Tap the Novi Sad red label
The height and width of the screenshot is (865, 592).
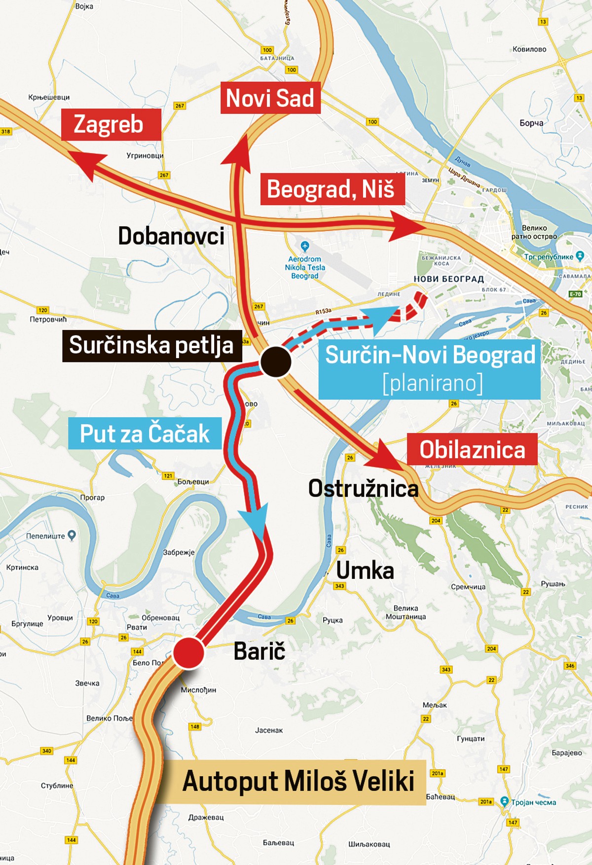click(270, 98)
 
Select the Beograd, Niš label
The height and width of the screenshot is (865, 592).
click(332, 189)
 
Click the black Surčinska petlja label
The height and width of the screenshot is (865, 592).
click(151, 346)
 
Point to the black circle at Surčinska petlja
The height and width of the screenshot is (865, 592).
click(276, 361)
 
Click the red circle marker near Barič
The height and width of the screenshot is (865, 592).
click(188, 653)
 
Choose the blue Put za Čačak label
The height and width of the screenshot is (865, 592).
click(145, 433)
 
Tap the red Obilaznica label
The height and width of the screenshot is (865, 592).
click(472, 450)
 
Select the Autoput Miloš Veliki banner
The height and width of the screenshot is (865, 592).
click(298, 782)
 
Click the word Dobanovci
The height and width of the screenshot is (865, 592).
click(171, 236)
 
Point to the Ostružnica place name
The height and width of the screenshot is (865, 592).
click(363, 489)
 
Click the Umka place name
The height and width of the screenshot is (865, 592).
click(365, 571)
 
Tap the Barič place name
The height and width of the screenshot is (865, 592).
click(259, 651)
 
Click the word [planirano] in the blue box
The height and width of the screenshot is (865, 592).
click(433, 383)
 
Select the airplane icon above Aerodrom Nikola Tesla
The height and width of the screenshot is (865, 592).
click(305, 246)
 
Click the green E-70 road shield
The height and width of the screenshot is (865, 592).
click(575, 294)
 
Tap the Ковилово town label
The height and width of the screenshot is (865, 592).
click(529, 49)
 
